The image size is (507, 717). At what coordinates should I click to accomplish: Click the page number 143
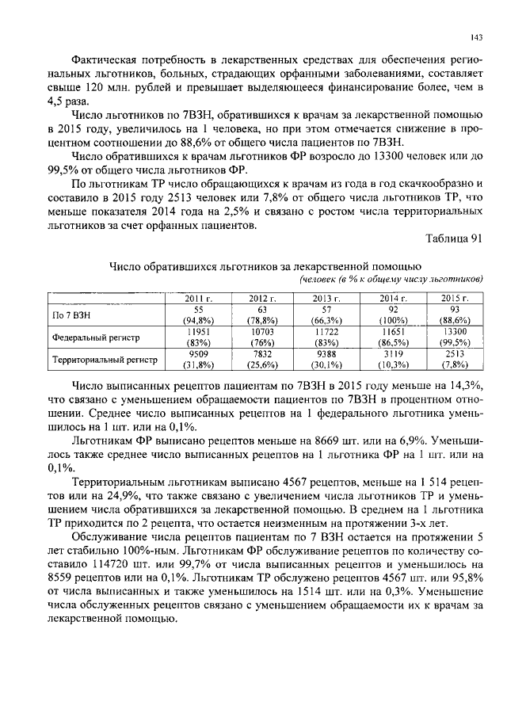point(476,36)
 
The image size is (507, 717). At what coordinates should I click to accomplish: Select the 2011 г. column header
point(198,298)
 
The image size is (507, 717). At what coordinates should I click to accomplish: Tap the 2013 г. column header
point(327,298)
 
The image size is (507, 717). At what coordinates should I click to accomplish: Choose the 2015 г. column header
point(456,298)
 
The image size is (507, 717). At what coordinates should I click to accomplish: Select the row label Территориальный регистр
point(105,359)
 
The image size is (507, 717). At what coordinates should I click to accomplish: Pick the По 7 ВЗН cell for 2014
point(391,315)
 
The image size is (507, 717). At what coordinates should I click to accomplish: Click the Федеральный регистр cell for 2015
point(456,337)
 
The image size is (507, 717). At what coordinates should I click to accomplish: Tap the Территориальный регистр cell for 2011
point(198,359)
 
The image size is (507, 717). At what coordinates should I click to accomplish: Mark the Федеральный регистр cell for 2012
point(262,337)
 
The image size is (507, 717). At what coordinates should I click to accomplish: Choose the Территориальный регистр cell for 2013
point(327,359)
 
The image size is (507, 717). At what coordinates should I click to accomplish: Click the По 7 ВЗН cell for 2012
point(262,315)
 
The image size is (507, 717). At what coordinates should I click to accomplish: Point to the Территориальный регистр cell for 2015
point(456,359)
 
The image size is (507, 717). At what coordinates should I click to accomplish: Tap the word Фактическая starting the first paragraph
point(104,58)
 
